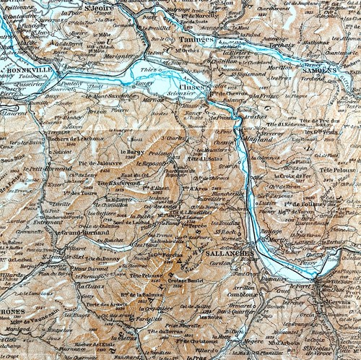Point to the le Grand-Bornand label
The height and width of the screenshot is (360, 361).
point(79,233)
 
